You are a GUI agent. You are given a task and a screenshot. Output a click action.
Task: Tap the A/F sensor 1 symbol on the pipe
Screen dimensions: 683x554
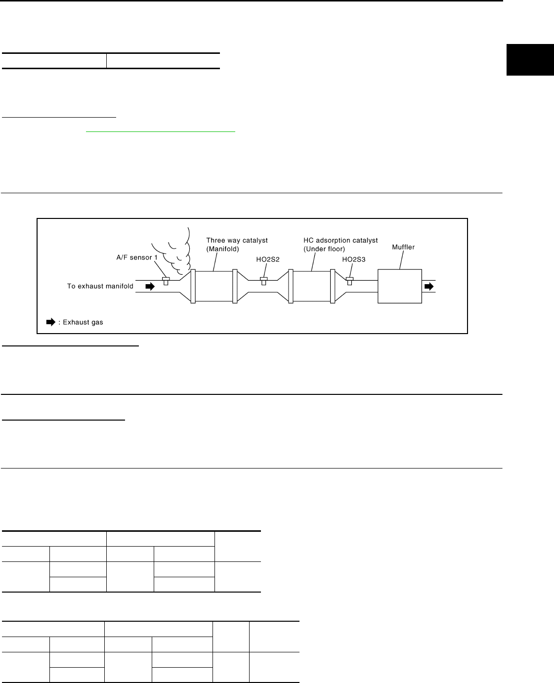(166, 281)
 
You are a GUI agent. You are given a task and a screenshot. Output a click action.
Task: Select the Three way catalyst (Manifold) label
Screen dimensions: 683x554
(237, 245)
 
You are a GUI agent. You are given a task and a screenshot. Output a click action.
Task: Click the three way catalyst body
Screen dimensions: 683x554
(213, 286)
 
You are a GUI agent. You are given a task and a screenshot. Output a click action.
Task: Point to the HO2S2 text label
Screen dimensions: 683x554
(267, 259)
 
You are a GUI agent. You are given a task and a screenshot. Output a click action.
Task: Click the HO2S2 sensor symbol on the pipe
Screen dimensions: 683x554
(264, 281)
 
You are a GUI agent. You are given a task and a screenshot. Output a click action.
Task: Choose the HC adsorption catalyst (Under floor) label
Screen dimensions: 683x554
(340, 245)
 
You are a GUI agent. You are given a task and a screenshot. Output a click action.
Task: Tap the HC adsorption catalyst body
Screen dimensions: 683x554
(311, 286)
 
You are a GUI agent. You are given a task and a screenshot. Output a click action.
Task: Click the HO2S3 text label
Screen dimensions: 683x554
(354, 259)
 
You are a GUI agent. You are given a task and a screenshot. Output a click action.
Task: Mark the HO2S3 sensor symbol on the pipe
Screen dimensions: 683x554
(349, 281)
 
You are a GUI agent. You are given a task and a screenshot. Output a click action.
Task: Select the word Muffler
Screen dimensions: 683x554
(403, 247)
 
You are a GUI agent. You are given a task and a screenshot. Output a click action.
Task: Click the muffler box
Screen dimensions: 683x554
(399, 286)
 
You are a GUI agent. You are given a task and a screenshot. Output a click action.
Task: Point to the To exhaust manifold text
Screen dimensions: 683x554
(100, 286)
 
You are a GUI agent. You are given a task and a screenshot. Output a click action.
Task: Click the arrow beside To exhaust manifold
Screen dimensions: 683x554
(150, 286)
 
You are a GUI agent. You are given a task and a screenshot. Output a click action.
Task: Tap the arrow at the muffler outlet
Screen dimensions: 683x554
(429, 286)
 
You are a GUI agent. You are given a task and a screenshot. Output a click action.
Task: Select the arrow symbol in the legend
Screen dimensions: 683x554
(51, 322)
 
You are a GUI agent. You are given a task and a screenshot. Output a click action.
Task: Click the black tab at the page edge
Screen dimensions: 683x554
(530, 60)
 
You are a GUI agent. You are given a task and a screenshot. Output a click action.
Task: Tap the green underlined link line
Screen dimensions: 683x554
(161, 132)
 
